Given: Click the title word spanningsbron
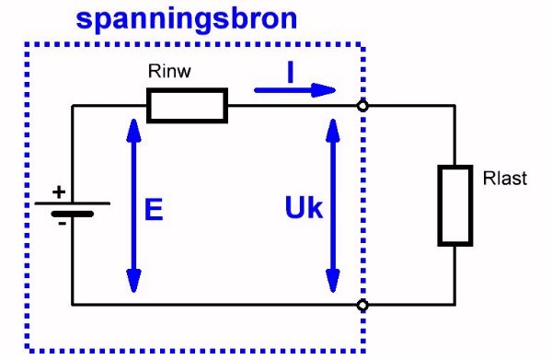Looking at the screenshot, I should (x=187, y=19).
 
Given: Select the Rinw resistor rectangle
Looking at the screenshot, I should (x=187, y=106).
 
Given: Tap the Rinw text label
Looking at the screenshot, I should (x=170, y=72).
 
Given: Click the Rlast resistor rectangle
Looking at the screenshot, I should (x=454, y=206).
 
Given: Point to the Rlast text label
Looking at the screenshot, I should (x=505, y=179).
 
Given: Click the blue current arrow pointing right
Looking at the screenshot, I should (x=294, y=90).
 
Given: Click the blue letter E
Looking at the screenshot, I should (x=155, y=211).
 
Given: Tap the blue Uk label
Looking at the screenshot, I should (x=304, y=210).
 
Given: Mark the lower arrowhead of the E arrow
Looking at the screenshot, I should (x=134, y=280).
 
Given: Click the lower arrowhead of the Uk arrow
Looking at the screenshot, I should (x=333, y=280).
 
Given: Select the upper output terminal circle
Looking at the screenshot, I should (x=362, y=106).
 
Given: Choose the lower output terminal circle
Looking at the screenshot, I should (x=362, y=303).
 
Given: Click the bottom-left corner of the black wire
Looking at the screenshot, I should (x=73, y=303).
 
